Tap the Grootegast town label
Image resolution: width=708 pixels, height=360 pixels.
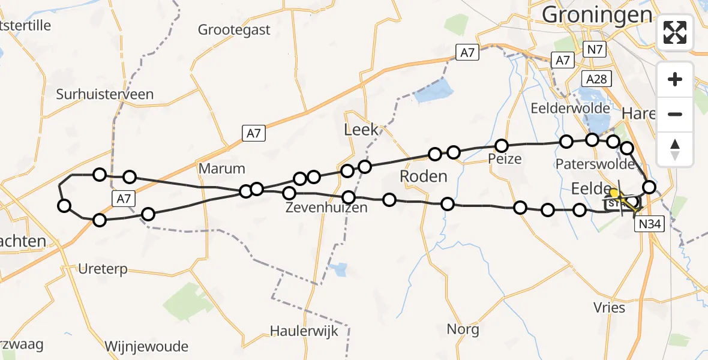[234, 29]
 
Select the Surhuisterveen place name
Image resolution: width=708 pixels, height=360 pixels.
[104, 94]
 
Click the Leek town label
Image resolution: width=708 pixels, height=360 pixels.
[361, 129]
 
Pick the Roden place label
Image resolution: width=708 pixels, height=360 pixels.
[424, 176]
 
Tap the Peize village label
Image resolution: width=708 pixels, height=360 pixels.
[505, 159]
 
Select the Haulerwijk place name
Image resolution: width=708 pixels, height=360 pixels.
[304, 331]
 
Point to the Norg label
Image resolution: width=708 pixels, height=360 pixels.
[463, 329]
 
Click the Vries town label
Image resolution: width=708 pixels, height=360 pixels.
[610, 308]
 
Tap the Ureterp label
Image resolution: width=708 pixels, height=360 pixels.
[103, 269]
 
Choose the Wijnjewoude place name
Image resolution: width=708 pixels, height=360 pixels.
[146, 346]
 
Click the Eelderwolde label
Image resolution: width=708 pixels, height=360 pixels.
[571, 109]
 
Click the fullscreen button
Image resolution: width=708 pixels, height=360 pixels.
[675, 32]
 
